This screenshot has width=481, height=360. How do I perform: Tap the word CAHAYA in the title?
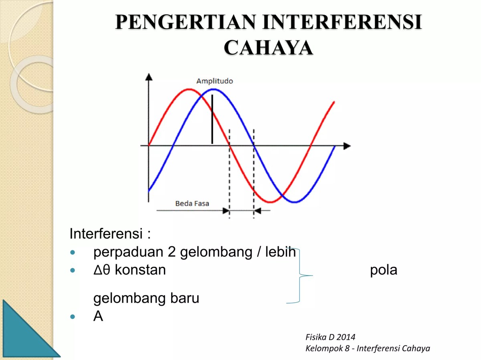click(268, 48)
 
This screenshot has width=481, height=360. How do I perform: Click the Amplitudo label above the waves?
click(214, 81)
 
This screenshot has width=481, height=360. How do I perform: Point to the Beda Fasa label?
click(192, 203)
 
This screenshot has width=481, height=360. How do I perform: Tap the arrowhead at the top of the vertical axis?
click(149, 76)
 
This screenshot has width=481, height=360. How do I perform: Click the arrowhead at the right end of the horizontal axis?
click(347, 146)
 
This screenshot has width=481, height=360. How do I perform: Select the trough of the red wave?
click(270, 202)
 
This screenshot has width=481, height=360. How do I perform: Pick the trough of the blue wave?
click(295, 202)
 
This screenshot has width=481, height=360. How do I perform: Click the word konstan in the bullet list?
click(140, 270)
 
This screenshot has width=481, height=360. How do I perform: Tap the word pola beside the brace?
click(384, 270)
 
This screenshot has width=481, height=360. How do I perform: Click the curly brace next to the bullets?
click(301, 275)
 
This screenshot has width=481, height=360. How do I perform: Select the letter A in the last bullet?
click(98, 317)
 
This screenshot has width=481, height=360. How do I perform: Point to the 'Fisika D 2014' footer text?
click(330, 337)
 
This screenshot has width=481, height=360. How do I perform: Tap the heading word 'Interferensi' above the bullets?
click(106, 233)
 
